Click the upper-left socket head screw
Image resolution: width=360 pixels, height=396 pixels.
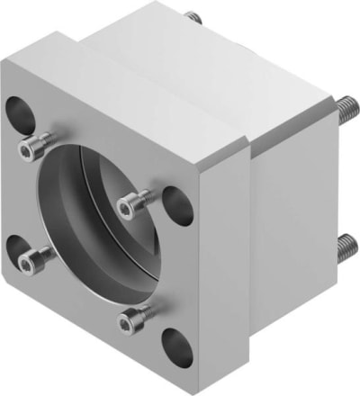39,143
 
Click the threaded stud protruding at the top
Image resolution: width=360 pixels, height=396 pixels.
190,17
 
